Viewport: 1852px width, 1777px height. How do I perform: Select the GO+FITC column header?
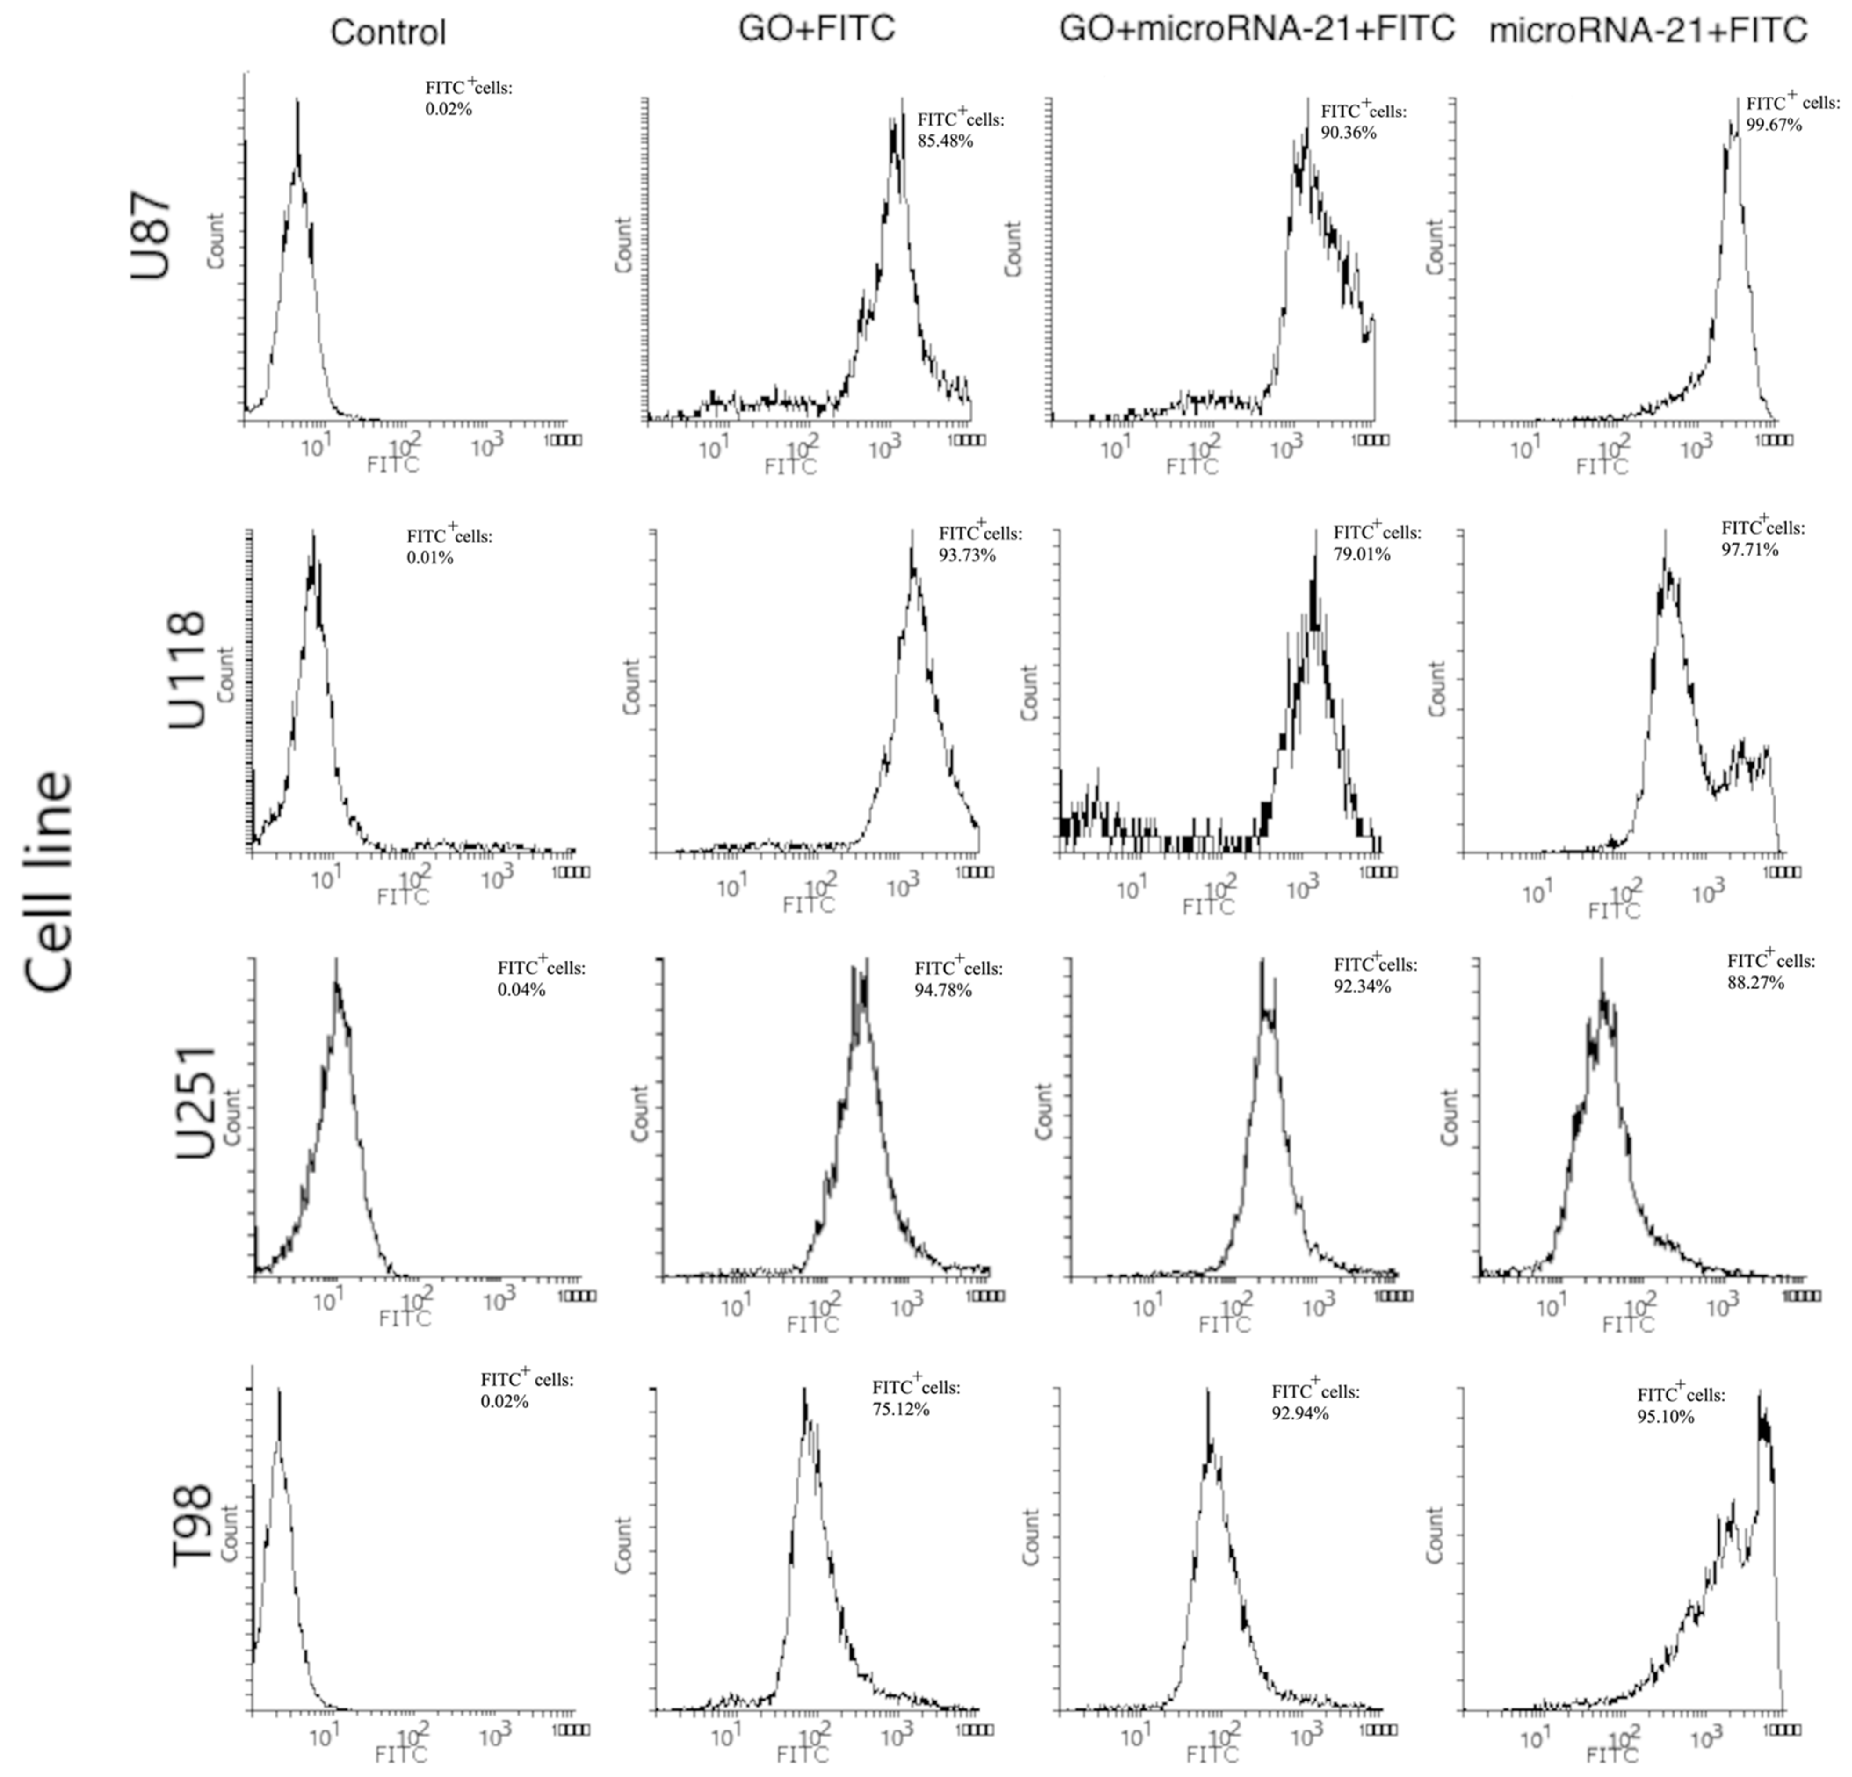pyautogui.click(x=816, y=29)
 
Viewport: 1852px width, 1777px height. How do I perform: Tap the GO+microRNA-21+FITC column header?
pyautogui.click(x=1257, y=29)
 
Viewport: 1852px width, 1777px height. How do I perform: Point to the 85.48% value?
pyautogui.click(x=945, y=142)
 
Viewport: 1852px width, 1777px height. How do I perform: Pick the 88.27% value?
pyautogui.click(x=1756, y=982)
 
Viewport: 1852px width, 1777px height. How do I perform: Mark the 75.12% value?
pyautogui.click(x=901, y=1409)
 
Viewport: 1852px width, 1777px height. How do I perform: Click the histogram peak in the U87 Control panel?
pyautogui.click(x=298, y=102)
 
